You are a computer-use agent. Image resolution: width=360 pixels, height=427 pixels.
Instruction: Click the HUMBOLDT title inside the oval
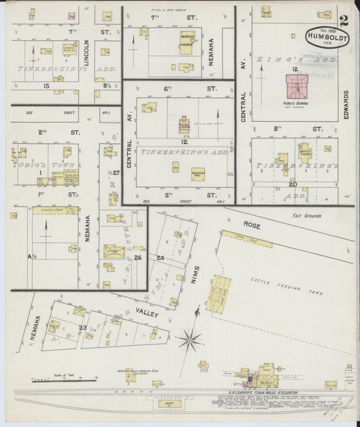327,39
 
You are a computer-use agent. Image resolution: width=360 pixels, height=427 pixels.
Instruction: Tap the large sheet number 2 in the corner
345,20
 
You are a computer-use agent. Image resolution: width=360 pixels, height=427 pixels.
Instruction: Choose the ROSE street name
252,226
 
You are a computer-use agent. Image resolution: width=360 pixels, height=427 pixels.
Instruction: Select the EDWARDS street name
345,105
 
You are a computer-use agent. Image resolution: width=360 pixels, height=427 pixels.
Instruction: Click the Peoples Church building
186,39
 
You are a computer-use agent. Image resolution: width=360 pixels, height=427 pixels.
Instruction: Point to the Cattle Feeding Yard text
285,281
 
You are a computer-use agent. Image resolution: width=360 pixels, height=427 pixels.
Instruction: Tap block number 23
82,328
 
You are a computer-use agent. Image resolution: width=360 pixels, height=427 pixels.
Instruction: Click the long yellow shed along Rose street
247,238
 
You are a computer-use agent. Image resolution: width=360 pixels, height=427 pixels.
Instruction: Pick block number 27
115,173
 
